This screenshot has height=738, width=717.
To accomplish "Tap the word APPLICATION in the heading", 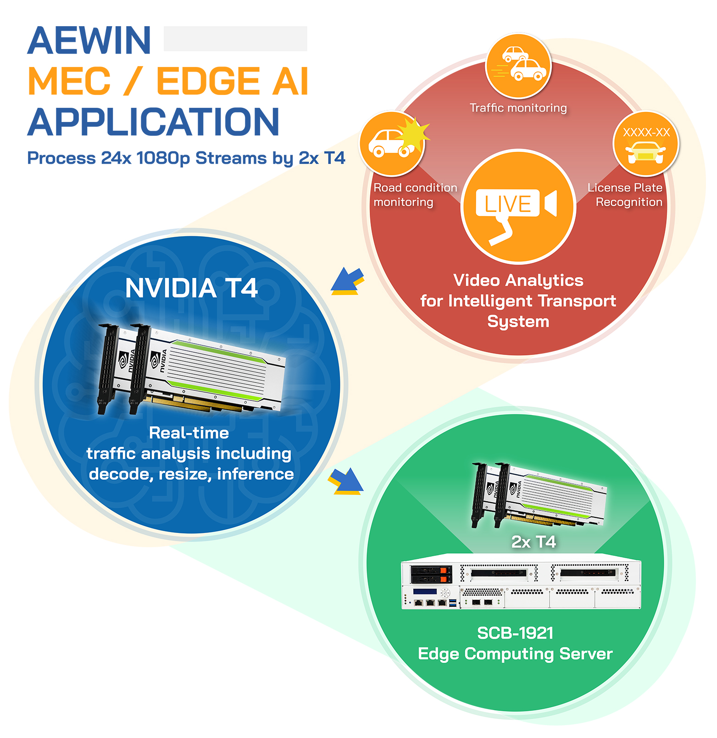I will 153,122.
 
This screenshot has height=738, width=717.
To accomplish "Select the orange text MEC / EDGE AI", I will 168,81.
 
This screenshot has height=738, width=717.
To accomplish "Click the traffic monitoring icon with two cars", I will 518,66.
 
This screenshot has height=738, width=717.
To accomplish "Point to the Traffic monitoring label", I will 518,108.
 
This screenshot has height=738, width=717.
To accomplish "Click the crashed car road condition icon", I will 392,143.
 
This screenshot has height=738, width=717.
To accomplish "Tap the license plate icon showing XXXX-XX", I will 646,144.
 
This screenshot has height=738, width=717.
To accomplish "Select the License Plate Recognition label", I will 626,195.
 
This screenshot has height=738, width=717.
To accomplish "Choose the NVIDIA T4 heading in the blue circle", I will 191,288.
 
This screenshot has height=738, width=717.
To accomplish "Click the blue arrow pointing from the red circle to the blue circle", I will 347,281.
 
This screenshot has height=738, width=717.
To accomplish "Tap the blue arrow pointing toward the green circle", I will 346,481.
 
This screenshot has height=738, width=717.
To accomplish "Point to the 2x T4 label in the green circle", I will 534,542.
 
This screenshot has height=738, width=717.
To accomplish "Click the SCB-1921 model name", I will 515,633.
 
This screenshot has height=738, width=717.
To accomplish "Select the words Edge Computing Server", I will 515,654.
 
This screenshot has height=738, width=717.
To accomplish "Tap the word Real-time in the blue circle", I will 189,433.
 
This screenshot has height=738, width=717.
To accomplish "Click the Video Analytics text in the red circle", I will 518,280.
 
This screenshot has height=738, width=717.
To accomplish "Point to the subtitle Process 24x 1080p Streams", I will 186,158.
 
